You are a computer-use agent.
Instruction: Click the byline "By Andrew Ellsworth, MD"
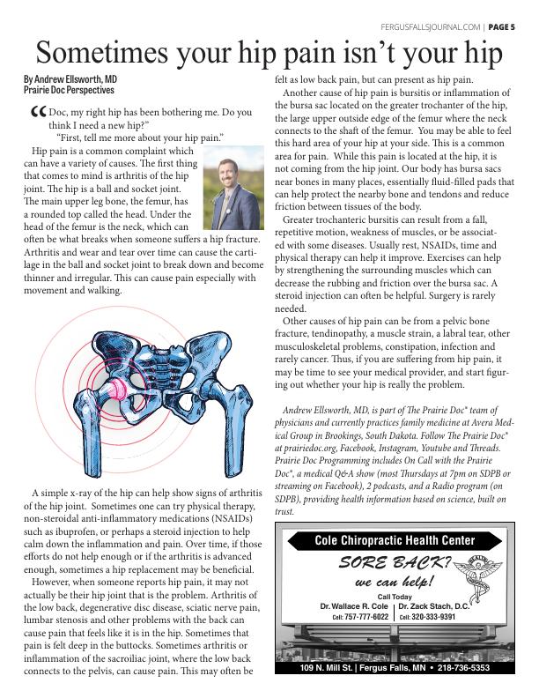[70, 79]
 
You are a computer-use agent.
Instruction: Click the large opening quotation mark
[36, 115]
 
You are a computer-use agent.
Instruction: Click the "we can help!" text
[394, 583]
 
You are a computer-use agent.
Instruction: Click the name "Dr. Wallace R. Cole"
[355, 606]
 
